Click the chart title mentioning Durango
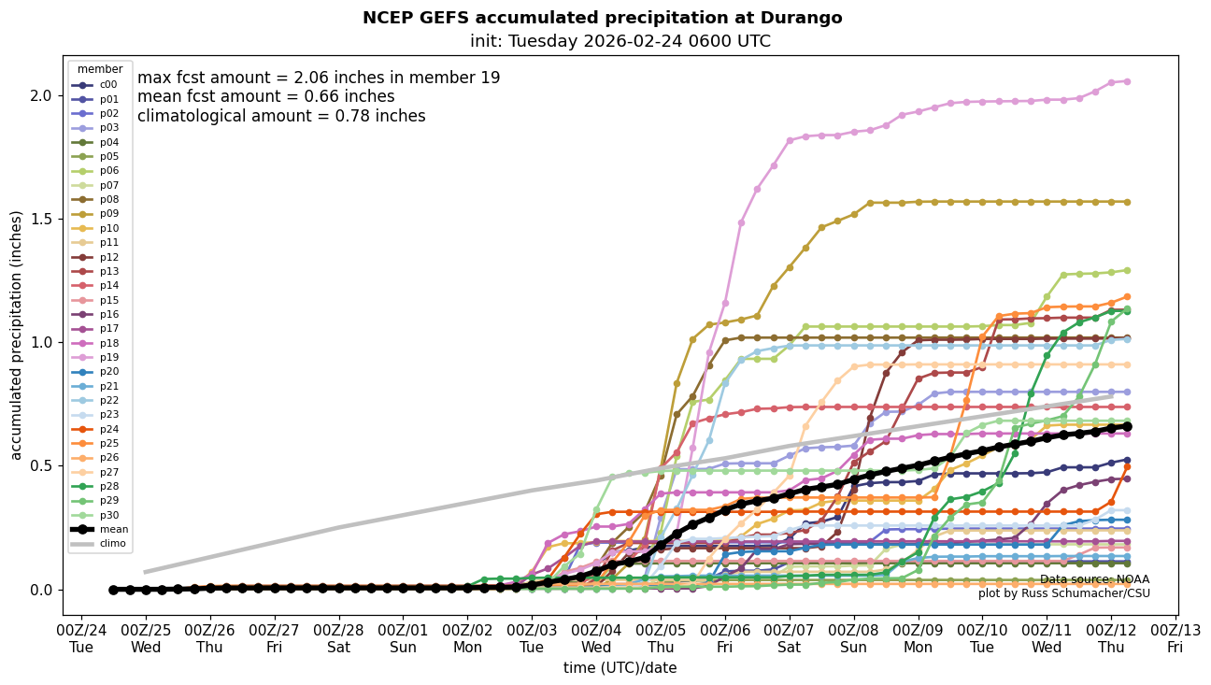[602, 18]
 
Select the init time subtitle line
[620, 41]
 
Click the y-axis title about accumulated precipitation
[16, 335]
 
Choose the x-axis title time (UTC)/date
[620, 668]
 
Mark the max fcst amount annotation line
[319, 78]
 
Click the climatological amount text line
[281, 116]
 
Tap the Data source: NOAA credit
[1094, 579]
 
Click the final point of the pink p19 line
[1127, 81]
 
